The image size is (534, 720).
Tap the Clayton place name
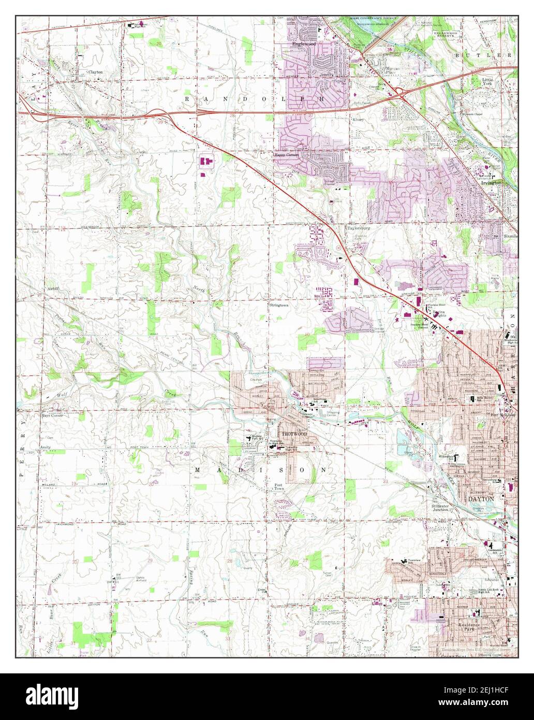click(95, 72)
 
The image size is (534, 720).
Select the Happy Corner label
click(286, 155)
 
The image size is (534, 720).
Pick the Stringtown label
click(278, 306)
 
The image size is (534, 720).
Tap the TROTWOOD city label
click(294, 433)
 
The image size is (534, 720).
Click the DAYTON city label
click(481, 498)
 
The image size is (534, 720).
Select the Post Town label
click(279, 488)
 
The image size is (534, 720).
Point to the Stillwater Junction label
click(444, 507)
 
